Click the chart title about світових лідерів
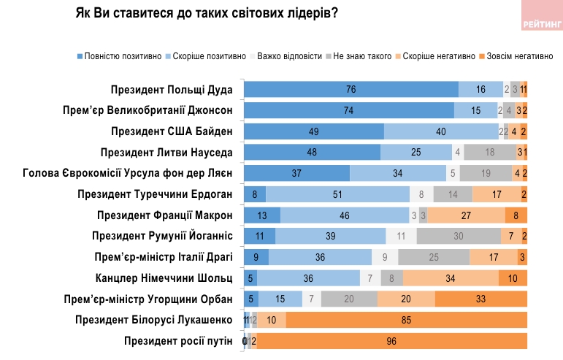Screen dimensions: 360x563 207,14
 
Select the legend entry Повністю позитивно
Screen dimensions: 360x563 119,55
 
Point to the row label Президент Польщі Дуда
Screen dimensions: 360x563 172,90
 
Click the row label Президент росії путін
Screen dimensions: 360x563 178,341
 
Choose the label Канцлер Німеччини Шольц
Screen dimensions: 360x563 164,278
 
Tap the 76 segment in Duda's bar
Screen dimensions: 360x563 351,90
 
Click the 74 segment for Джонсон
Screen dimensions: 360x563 348,111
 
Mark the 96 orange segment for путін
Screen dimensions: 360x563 391,341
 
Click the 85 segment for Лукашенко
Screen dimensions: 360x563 406,320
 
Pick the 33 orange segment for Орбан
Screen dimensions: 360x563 480,299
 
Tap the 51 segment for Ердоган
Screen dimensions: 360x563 338,194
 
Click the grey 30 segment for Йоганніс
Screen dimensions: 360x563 459,237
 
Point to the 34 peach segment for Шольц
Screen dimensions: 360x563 451,278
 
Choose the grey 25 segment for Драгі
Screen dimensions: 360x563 434,257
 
